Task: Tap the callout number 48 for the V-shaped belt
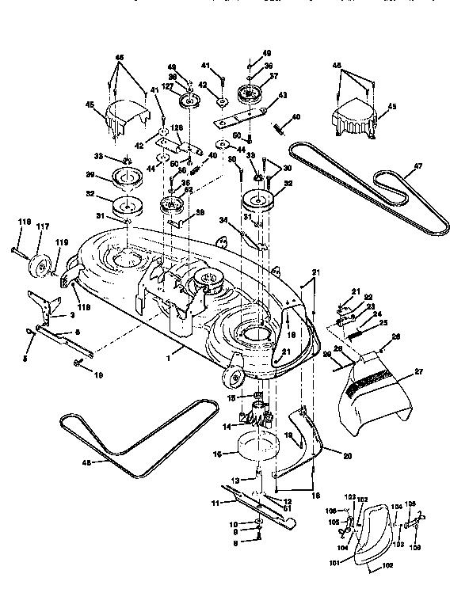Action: pyautogui.click(x=88, y=462)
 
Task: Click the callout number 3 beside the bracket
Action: pyautogui.click(x=72, y=314)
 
